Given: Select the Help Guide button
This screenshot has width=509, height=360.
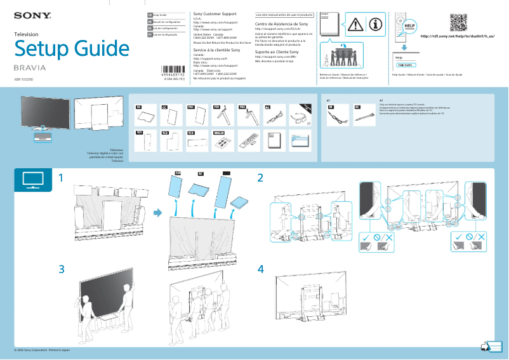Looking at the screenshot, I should click(x=406, y=65).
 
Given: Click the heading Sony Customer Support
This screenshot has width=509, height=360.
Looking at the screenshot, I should click(x=215, y=13).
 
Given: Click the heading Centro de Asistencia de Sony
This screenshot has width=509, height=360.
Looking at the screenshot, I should click(x=281, y=23).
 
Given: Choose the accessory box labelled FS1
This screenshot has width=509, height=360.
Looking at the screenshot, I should click(x=221, y=114).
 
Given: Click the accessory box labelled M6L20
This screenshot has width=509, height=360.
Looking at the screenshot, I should click(x=221, y=140).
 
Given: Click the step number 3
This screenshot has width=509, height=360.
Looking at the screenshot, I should click(x=62, y=269).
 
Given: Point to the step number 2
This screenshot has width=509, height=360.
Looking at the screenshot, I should click(x=260, y=178).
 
